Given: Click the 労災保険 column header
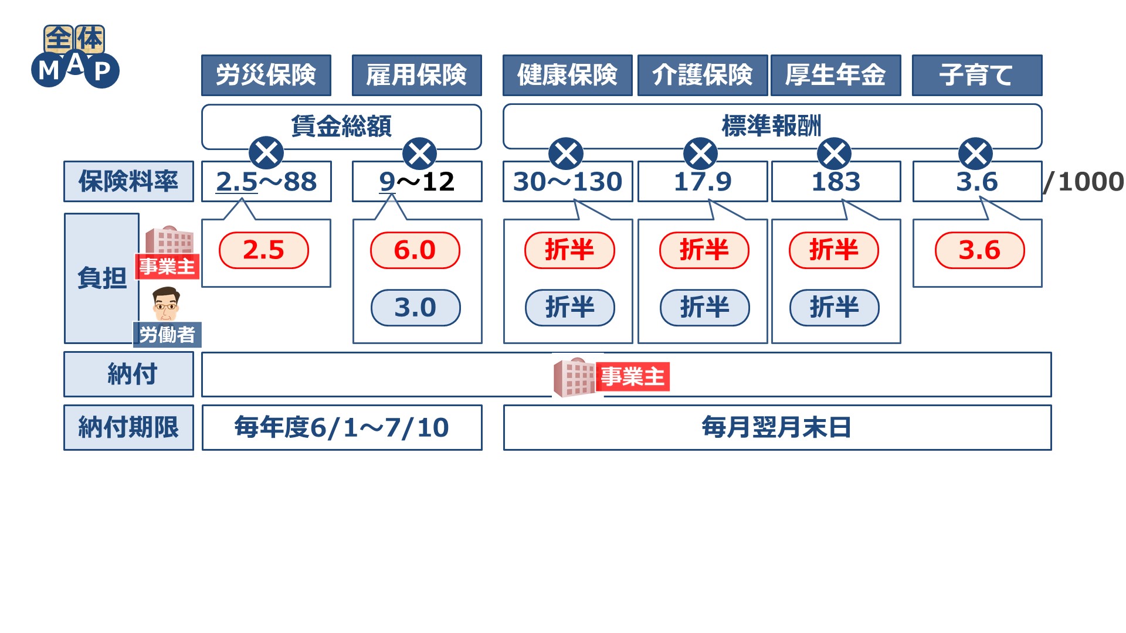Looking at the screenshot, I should (266, 75).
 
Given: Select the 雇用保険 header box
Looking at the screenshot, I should (416, 75).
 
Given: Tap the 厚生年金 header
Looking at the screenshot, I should (835, 75).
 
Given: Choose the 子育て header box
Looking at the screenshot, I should (976, 75).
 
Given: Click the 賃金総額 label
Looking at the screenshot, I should (341, 126).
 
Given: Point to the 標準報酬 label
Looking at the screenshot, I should (771, 126).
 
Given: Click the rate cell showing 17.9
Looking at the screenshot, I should (702, 182).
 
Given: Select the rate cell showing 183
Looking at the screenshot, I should (836, 182).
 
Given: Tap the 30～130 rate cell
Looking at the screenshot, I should (567, 182).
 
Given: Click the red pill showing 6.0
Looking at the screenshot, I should (415, 250).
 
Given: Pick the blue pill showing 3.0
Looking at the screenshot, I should (415, 308).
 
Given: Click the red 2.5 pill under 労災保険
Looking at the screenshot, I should (263, 250).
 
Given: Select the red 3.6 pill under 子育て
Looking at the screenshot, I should (979, 250).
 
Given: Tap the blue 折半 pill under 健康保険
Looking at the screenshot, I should (569, 308).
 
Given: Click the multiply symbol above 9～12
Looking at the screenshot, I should (419, 154).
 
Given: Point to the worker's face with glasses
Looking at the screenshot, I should (166, 304).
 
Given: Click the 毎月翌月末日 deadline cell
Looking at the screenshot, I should (776, 427).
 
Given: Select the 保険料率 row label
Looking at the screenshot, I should (128, 182).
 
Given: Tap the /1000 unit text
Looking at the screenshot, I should (1083, 182).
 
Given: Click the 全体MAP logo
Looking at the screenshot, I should (75, 56).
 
